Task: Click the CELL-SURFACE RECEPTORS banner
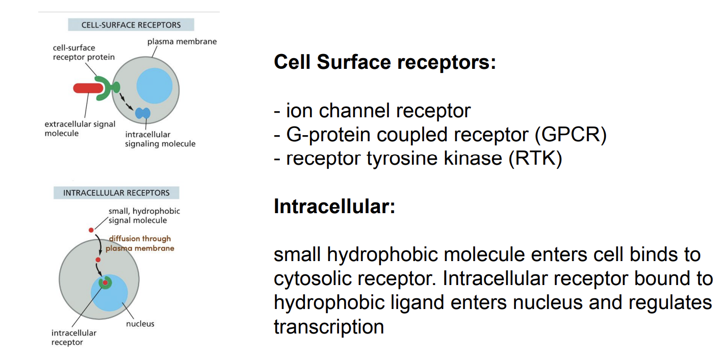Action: click(131, 25)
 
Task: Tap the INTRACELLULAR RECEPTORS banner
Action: click(116, 193)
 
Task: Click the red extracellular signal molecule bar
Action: click(88, 88)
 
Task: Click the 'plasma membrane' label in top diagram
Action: click(182, 42)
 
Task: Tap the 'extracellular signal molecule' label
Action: click(80, 128)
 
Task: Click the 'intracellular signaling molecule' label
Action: click(160, 139)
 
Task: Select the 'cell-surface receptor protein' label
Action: click(84, 53)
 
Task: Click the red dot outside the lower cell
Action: click(91, 230)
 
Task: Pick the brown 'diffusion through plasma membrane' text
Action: click(140, 243)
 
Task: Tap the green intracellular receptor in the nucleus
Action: click(105, 282)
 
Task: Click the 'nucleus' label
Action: click(140, 324)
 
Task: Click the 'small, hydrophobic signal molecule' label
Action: click(144, 216)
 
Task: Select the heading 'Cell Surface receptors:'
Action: click(385, 62)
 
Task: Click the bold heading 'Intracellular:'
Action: click(334, 207)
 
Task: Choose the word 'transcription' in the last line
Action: click(329, 327)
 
